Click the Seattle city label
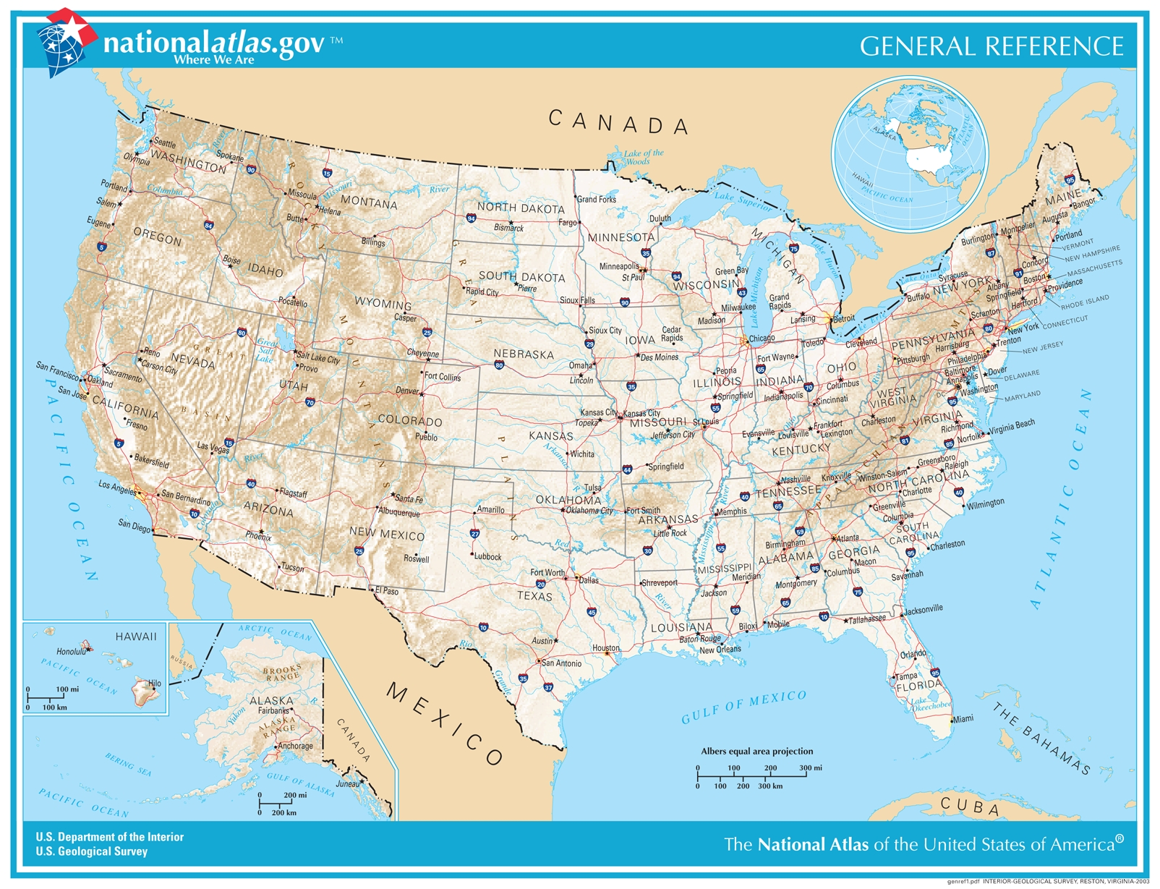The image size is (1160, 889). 165,143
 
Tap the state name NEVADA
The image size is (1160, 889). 192,360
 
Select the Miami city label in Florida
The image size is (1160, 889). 963,719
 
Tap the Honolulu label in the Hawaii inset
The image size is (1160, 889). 71,652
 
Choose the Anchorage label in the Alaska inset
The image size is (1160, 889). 295,746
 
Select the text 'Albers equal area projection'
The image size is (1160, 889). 756,751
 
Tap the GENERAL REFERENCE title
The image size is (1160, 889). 991,46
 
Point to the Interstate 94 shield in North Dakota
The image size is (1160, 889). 472,218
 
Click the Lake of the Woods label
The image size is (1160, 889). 643,157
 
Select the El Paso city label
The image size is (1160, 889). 387,591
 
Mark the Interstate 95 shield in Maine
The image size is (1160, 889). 1070,179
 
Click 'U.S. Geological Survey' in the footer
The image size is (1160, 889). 91,851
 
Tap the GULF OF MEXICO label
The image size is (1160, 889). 743,707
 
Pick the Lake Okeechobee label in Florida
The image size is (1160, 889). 930,703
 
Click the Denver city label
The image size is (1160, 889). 406,391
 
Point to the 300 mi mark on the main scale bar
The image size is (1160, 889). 810,768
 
